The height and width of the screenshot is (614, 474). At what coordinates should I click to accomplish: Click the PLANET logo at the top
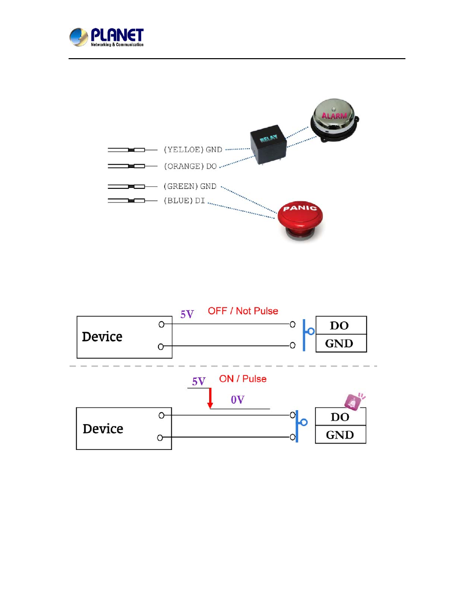tap(106, 37)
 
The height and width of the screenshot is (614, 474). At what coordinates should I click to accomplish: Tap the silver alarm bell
tap(334, 120)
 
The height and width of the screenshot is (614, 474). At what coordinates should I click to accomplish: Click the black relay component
tap(268, 144)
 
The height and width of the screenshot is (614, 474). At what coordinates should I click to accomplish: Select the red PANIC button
tap(300, 220)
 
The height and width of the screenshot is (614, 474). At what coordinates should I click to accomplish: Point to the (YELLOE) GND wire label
tap(193, 150)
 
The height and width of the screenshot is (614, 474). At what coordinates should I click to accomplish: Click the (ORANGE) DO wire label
tap(190, 167)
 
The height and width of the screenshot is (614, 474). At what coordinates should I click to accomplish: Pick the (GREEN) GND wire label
tap(190, 186)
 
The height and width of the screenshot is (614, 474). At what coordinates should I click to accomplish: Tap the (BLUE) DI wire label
tap(184, 201)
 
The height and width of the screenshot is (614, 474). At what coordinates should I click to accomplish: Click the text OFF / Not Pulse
tap(242, 311)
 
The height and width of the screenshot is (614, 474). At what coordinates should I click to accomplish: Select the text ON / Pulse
tap(242, 379)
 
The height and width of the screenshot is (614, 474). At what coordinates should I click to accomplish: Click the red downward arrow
tap(210, 398)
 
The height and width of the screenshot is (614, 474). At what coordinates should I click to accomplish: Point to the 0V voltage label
tap(237, 400)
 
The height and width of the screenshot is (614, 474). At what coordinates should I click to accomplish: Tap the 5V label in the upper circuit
tap(187, 314)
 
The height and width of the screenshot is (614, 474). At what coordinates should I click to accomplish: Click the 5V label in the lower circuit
tap(199, 381)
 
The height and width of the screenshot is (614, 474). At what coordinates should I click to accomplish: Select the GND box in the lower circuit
tap(340, 435)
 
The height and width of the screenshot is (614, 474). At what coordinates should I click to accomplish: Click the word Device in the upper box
tap(102, 337)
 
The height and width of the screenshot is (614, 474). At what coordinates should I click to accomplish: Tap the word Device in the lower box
tap(103, 429)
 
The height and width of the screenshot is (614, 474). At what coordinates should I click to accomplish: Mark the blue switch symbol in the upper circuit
tap(308, 335)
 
